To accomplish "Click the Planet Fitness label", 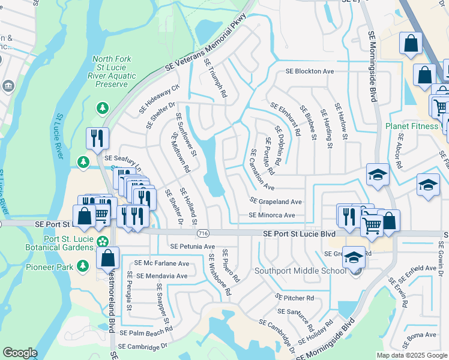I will [x=414, y=127].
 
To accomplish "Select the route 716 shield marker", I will [x=203, y=233].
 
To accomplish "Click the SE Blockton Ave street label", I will [x=309, y=71].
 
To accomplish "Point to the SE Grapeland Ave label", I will [x=276, y=202].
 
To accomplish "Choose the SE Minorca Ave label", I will [x=272, y=215].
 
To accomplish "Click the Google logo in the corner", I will [x=20, y=353].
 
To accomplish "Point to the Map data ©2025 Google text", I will [x=412, y=355].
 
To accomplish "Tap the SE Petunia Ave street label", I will [x=192, y=246].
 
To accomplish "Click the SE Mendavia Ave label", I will [x=161, y=276].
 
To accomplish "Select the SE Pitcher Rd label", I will [x=294, y=297].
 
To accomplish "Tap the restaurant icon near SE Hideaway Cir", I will [x=96, y=138].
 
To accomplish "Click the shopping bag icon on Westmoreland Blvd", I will [x=107, y=259].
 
